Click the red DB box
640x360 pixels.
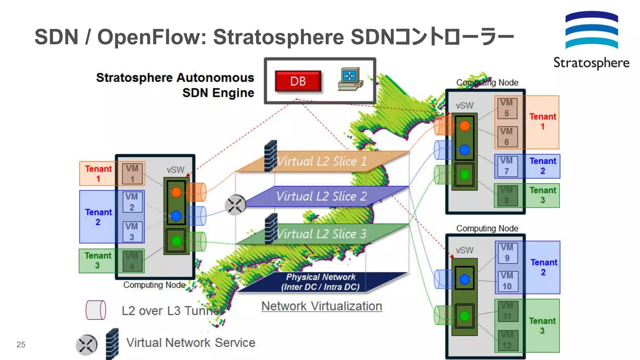298,81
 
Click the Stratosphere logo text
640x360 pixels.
591,63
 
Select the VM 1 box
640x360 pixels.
132,174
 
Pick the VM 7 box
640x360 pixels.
506,166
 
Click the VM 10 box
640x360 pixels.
507,281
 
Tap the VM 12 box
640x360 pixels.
507,340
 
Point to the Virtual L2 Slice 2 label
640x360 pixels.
322,197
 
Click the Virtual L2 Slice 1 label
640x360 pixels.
322,162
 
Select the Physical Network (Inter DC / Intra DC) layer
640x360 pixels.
321,282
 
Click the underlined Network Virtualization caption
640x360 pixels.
322,306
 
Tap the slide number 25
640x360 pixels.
21,344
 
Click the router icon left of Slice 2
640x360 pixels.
235,205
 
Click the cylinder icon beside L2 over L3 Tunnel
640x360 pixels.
96,310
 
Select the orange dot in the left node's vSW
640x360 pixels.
176,192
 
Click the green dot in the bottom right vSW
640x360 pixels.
464,316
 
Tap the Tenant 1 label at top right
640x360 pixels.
542,122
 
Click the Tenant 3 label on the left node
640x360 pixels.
98,260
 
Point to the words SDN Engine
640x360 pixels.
218,93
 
